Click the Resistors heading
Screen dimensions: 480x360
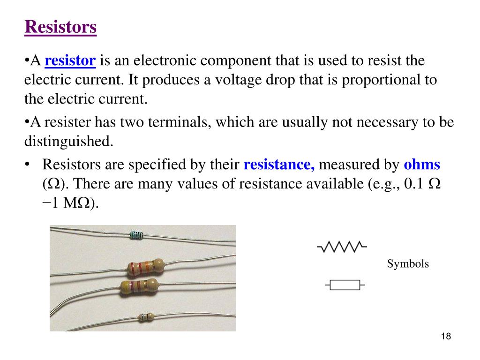(60, 27)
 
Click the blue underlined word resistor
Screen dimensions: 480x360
(70, 60)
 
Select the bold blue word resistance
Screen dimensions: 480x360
(279, 165)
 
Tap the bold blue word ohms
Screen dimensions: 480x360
(422, 165)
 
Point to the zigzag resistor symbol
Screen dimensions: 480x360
(342, 247)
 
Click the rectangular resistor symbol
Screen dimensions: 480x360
(345, 285)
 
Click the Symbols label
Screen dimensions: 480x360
(408, 264)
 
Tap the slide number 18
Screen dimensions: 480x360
(446, 337)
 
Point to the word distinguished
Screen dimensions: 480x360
(69, 142)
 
